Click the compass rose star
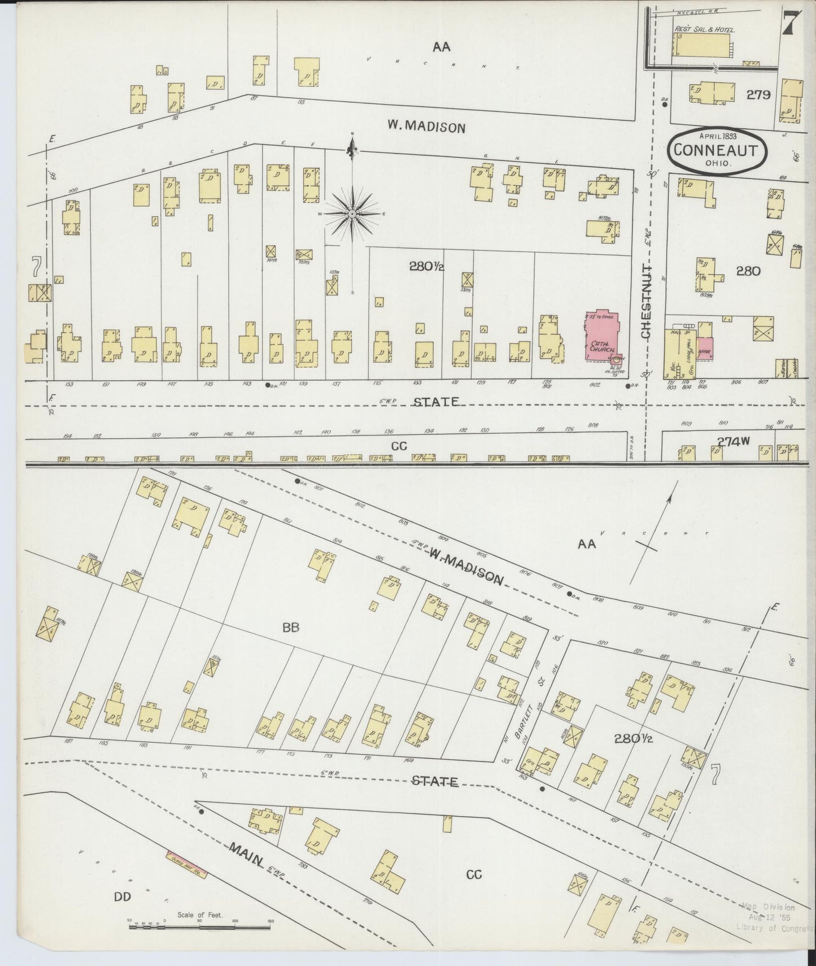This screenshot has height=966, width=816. click(352, 214)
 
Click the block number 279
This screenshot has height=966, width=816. click(758, 95)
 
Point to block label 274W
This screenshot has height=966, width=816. click(733, 442)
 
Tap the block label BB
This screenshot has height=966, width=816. click(290, 626)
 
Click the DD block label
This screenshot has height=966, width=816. click(123, 911)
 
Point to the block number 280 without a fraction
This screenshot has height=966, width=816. click(748, 271)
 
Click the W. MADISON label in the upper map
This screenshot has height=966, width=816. click(426, 127)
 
